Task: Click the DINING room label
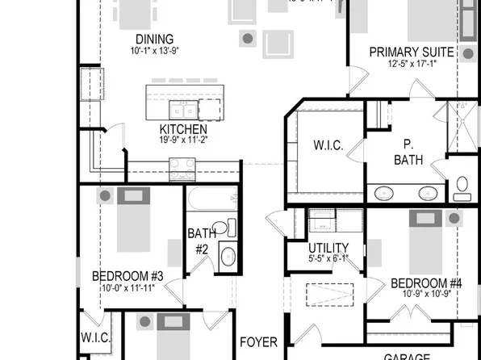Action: (x=155, y=40)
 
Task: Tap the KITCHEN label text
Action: (x=183, y=129)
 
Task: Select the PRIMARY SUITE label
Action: (x=412, y=52)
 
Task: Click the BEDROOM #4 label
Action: (x=426, y=283)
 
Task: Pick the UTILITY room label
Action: (x=328, y=248)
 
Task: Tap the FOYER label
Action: (x=259, y=342)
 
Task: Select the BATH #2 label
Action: (x=202, y=241)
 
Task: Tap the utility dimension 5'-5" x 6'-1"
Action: (x=328, y=259)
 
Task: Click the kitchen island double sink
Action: (x=182, y=109)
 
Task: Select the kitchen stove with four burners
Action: (x=182, y=169)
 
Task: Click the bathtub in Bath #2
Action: (x=211, y=199)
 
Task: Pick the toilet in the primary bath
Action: (x=462, y=187)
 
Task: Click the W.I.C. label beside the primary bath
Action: (x=328, y=146)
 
